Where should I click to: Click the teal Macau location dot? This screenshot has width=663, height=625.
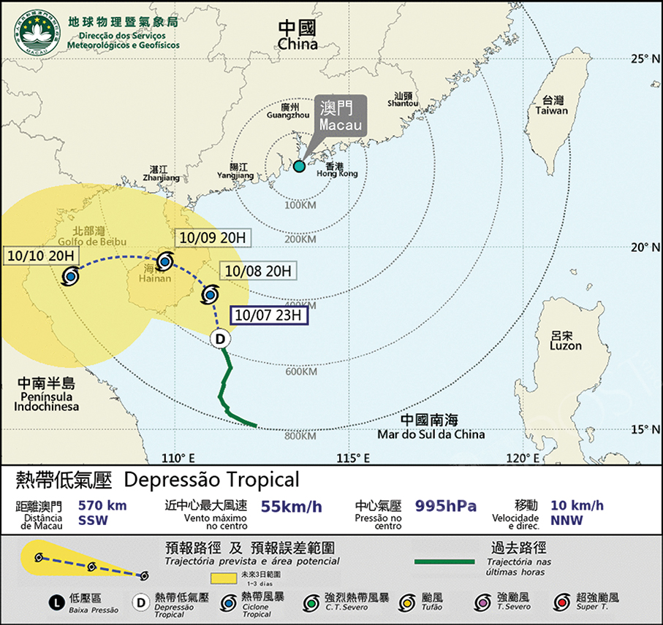click(299, 166)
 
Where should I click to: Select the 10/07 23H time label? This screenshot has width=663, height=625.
click(269, 315)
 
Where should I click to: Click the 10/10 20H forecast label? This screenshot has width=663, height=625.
click(40, 256)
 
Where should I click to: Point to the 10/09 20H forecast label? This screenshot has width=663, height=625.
click(213, 238)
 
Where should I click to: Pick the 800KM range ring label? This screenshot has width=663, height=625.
click(300, 437)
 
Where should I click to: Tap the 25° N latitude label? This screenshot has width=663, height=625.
click(645, 58)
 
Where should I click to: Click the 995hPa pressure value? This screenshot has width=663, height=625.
click(446, 506)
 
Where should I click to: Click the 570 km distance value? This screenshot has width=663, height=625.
click(100, 506)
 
